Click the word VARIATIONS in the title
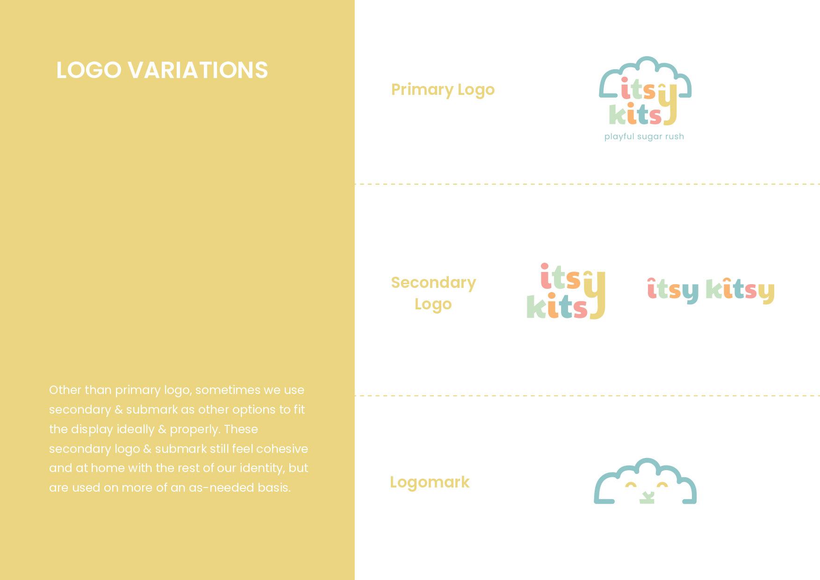[x=198, y=70]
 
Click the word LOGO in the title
[x=89, y=70]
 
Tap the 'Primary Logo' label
[x=443, y=90]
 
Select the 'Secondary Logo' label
[x=433, y=293]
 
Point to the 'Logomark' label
[x=430, y=482]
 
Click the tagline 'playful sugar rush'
[x=644, y=136]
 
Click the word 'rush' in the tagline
[x=675, y=136]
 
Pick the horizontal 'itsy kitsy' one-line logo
[x=711, y=290]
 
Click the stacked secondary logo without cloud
[x=566, y=291]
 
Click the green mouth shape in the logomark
[x=646, y=497]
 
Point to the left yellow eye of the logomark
[x=631, y=485]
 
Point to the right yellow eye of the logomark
[x=662, y=485]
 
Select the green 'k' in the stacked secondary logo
[x=536, y=307]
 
